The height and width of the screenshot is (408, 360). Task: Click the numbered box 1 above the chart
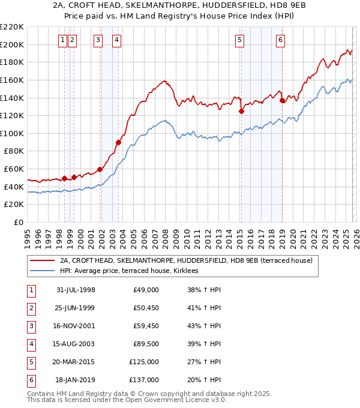point(62,40)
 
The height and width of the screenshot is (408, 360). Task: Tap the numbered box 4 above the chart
point(116,40)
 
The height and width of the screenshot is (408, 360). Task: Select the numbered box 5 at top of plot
point(239,40)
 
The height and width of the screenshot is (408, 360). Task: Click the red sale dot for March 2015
point(241,111)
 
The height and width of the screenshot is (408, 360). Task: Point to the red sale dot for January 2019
point(282,100)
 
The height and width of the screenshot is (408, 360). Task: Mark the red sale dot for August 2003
point(119,142)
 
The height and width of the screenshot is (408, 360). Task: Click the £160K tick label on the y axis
point(12,80)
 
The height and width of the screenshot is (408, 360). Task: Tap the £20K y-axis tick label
point(14,205)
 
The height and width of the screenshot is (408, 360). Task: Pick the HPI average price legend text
point(133,271)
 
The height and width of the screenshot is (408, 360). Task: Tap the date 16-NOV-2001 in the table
point(76,327)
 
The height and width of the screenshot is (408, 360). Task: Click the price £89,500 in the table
point(146,344)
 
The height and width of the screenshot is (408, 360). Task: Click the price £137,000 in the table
point(144,379)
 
